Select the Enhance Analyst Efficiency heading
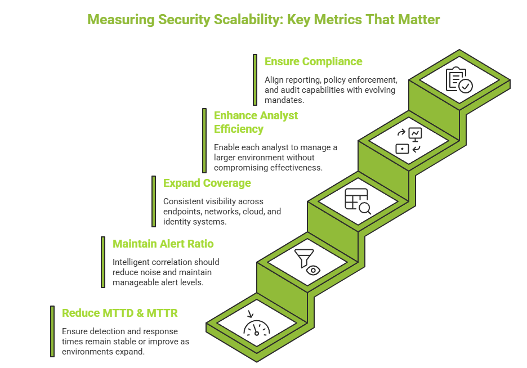coord(256,122)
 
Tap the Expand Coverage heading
coord(207,183)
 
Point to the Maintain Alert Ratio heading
coord(163,244)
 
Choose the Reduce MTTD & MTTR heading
coord(119,313)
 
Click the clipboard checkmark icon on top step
coord(459,80)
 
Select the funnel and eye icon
coord(307,261)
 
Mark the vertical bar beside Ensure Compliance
coord(255,79)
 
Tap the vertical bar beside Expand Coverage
coord(154,201)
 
